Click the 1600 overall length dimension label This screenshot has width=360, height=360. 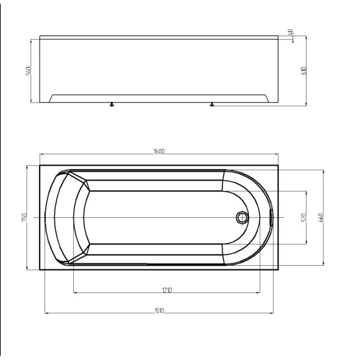[x=159, y=152]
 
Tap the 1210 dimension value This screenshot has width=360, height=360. [x=167, y=290]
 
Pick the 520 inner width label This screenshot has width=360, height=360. [x=305, y=217]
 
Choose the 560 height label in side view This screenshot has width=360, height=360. [x=28, y=71]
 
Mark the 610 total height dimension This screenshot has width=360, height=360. [x=304, y=70]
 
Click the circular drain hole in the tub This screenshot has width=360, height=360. [x=242, y=217]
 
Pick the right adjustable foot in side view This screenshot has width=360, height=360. [x=211, y=104]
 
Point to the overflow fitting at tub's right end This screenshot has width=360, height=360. [x=271, y=217]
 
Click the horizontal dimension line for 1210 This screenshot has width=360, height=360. [x=120, y=293]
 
